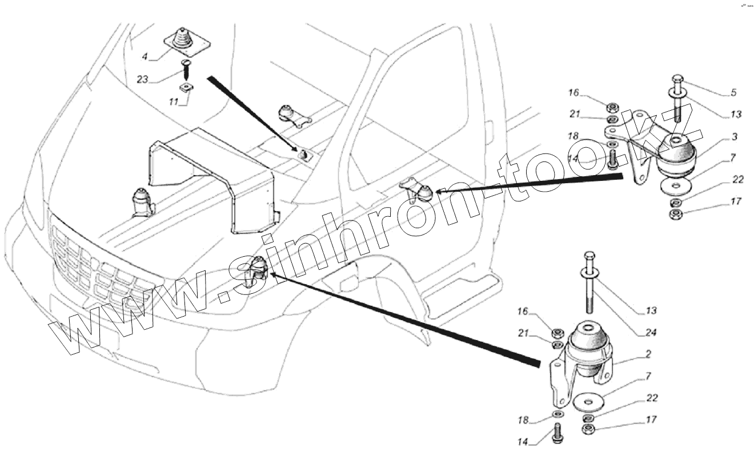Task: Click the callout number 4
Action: coord(145,56)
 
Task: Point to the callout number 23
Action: coord(143,79)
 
